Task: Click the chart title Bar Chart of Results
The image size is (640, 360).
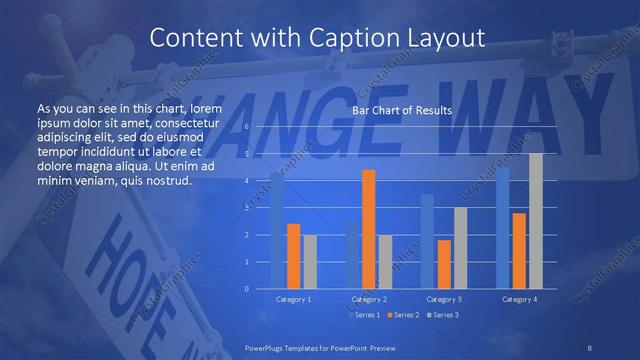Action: point(402,110)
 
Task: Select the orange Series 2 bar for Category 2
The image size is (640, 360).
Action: point(368,229)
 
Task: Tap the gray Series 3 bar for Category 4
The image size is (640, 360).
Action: point(536,221)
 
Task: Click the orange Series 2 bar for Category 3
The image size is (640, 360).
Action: point(444,264)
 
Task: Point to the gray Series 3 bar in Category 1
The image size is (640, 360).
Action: point(310,262)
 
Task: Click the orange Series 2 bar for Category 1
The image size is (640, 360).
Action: point(293,256)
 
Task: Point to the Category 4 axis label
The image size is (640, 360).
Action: point(519,299)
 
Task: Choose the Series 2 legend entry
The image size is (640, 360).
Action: point(402,315)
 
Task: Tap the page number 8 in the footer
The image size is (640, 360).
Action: point(590,347)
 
